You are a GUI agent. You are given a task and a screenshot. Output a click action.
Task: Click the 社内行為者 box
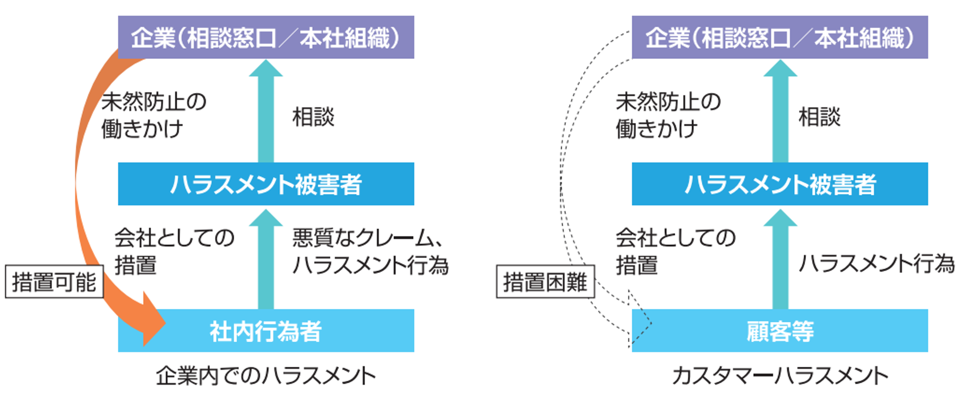click(x=265, y=331)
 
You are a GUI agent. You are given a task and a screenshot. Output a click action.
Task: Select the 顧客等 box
click(x=779, y=331)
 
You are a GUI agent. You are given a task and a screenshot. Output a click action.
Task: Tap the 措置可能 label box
click(x=54, y=282)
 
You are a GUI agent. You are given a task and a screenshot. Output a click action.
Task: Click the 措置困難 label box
click(x=545, y=282)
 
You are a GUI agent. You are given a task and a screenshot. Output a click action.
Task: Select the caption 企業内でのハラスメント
click(x=265, y=376)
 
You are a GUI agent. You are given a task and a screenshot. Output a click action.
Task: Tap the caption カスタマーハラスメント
click(x=779, y=376)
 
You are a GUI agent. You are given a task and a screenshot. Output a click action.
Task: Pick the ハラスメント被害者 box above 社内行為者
click(x=265, y=184)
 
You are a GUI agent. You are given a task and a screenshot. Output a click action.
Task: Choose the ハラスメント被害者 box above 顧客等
click(x=779, y=184)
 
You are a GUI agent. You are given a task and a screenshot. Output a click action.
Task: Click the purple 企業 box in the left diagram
click(x=265, y=37)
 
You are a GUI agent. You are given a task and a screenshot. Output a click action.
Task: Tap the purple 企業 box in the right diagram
click(x=779, y=37)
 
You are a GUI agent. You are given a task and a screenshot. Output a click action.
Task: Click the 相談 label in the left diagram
click(x=313, y=117)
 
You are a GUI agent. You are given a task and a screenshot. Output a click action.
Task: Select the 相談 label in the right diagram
click(x=819, y=117)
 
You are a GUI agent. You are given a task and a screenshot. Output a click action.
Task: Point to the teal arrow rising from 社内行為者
click(x=265, y=260)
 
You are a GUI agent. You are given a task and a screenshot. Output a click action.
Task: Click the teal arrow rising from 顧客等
click(x=780, y=260)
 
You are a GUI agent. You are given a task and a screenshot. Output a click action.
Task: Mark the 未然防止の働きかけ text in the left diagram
click(x=153, y=115)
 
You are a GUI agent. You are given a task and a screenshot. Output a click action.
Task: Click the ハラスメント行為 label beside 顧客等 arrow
click(x=876, y=264)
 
